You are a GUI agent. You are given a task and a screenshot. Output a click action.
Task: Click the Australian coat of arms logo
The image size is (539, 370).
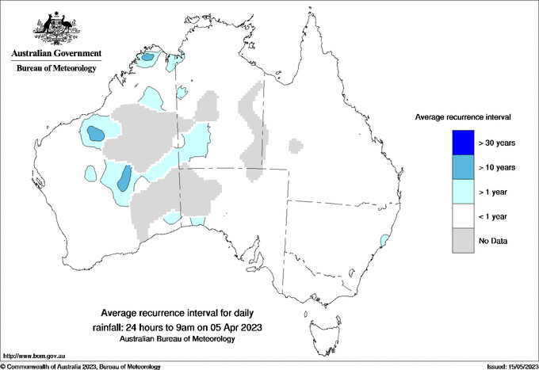pos(55,29)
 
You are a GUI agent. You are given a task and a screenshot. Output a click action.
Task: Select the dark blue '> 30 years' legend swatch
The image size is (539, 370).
pos(458,143)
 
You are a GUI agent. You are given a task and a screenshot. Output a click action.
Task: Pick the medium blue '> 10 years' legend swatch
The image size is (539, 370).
pos(458,167)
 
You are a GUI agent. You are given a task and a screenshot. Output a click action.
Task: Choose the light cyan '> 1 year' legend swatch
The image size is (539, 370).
pos(458,192)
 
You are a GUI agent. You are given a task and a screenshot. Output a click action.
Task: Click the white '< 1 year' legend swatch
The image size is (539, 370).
pos(458,216)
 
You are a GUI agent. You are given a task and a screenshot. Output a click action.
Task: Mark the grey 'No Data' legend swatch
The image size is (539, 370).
pos(458,240)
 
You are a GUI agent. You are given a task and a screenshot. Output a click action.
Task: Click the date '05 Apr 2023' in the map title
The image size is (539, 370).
pos(235,326)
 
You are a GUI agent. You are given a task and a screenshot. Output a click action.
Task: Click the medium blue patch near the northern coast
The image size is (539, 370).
pos(148,57)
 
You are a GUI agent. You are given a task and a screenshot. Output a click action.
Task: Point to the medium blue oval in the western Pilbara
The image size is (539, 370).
pos(95,134)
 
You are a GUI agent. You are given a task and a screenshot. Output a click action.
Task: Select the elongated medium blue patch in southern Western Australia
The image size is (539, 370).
pos(124,180)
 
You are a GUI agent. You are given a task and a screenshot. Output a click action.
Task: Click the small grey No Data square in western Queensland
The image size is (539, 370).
pos(296,146)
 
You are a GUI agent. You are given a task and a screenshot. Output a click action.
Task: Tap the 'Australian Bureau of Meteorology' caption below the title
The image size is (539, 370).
pos(178,338)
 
